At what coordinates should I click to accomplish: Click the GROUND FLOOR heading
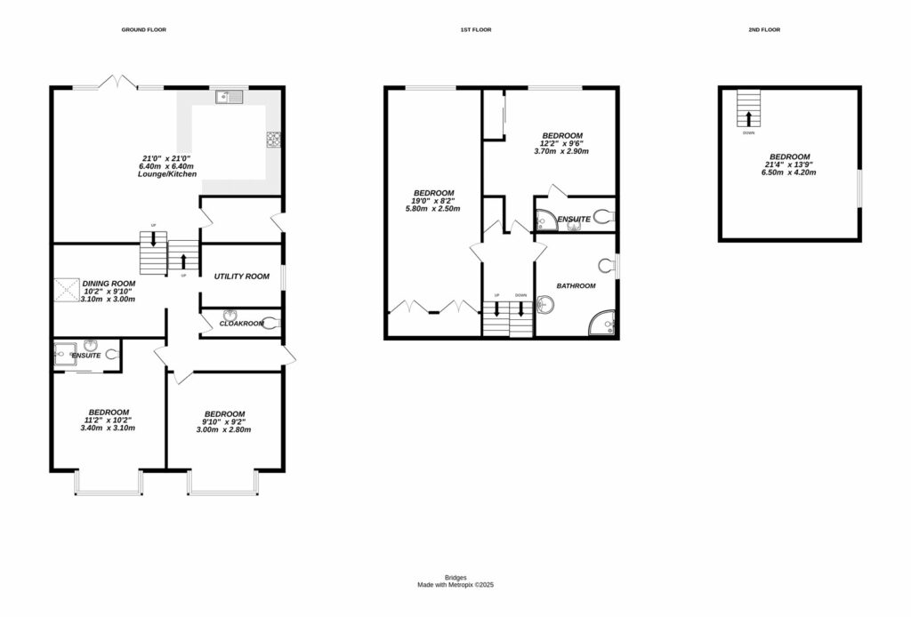click(143, 30)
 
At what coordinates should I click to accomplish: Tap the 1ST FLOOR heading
click(475, 30)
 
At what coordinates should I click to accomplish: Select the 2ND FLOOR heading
click(765, 30)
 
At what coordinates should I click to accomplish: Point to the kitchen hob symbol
click(274, 139)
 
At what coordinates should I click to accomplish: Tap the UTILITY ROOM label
click(241, 276)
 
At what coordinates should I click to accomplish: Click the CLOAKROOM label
click(241, 324)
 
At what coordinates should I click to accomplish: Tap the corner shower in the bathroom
click(604, 323)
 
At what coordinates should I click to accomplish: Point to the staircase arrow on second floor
click(749, 117)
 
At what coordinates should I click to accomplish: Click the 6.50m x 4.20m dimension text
click(789, 172)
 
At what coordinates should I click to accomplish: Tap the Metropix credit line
click(455, 585)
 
